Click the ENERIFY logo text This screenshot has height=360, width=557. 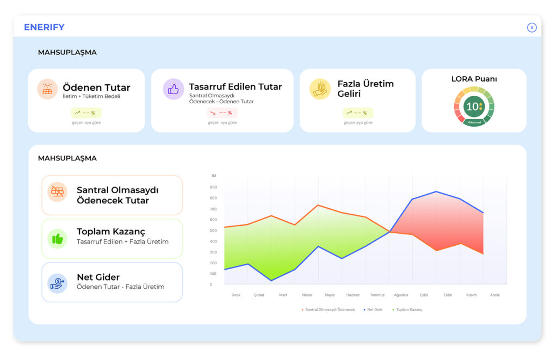(x=44, y=27)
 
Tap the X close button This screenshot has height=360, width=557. (x=531, y=28)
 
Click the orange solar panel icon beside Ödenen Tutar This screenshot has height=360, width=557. (x=47, y=89)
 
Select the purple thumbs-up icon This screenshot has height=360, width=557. (x=174, y=89)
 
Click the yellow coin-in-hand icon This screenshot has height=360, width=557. (x=320, y=89)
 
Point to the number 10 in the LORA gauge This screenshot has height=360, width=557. (x=472, y=107)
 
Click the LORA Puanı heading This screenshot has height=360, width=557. (x=474, y=79)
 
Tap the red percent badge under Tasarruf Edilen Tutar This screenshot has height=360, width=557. (x=222, y=113)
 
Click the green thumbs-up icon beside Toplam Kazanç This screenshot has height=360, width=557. (x=57, y=238)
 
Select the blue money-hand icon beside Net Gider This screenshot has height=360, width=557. (x=57, y=282)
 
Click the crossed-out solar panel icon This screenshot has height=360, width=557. (x=57, y=192)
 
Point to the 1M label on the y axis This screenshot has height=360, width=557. (x=214, y=176)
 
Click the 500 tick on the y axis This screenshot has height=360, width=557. (x=214, y=231)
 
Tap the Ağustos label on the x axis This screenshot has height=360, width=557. (x=401, y=295)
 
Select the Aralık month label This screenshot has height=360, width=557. (x=494, y=295)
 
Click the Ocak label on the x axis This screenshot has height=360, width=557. (x=236, y=295)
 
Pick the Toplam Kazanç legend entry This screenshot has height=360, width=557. (x=408, y=309)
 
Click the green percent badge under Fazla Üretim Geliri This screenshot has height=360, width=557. (x=358, y=113)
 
